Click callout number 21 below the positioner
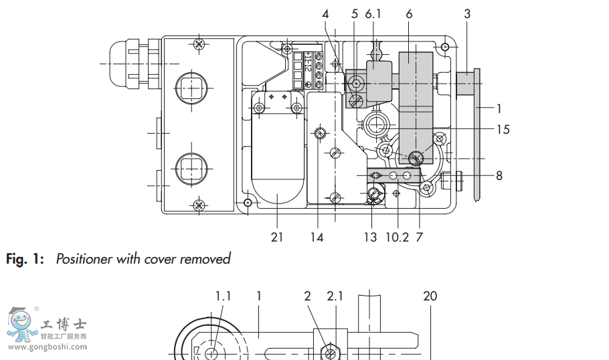(277, 238)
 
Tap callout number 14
(317, 238)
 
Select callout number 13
(370, 238)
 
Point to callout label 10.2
(397, 238)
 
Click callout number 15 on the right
(503, 129)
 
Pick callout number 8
(499, 176)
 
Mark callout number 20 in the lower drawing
(430, 296)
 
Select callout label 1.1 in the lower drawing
(223, 296)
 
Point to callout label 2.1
(335, 296)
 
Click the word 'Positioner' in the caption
(84, 259)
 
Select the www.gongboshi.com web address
(50, 347)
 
